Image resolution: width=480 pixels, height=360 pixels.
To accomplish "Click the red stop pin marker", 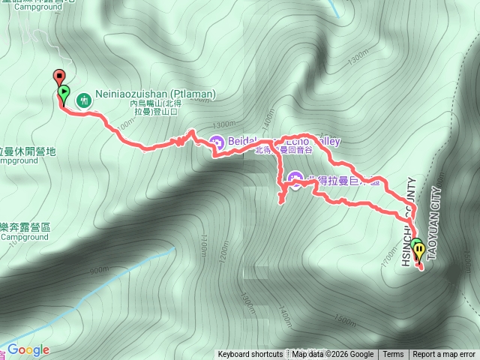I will coord(58,76).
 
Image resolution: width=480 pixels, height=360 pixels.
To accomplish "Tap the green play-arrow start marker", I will coord(64,93).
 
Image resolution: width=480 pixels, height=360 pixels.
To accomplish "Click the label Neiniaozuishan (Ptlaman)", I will coord(155,94).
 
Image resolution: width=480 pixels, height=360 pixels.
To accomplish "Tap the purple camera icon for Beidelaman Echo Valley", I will coord(217,141).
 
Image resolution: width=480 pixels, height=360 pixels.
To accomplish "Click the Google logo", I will coord(28,349).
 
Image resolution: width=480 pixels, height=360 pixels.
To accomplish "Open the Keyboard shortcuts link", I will coord(250,355).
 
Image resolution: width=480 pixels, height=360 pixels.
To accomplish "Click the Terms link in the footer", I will coord(393,355).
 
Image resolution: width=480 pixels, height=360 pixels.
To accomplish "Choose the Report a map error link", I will coord(444,355).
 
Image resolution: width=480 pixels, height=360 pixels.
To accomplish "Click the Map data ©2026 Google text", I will coord(332,355).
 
